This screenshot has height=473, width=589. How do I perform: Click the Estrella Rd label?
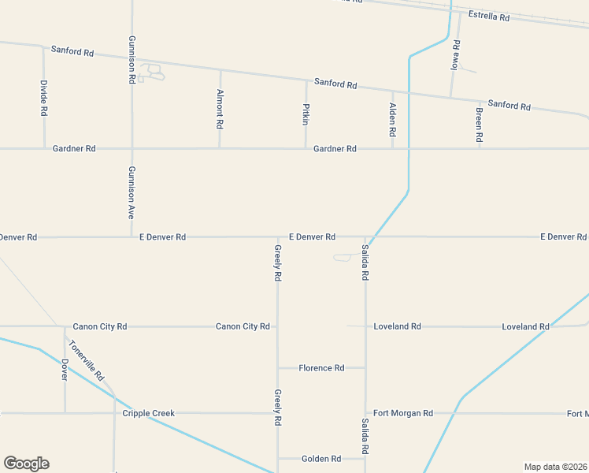point(489,16)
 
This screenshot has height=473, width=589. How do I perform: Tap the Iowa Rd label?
point(455,54)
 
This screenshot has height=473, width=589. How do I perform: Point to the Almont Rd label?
point(220,109)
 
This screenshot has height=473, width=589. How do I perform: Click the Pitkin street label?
point(306,114)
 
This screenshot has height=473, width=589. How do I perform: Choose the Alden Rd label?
point(392,120)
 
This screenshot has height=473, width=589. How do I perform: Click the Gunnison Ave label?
point(132,192)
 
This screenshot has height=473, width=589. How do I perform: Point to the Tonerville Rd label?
point(87,360)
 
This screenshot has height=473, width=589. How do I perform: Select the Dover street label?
point(65,369)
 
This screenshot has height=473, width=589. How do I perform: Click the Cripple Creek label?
point(148,413)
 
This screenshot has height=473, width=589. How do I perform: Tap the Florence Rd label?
point(321,368)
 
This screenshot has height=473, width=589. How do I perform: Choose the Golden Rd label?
point(321,459)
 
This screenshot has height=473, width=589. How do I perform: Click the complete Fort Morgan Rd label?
point(403,413)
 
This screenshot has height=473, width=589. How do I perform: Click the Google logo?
point(26,464)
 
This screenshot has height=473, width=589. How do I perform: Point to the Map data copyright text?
point(556,467)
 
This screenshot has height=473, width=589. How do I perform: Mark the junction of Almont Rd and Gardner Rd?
point(220,148)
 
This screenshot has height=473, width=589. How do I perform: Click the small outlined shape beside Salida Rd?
point(343,257)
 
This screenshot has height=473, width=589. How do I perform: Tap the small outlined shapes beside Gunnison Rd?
point(152,73)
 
